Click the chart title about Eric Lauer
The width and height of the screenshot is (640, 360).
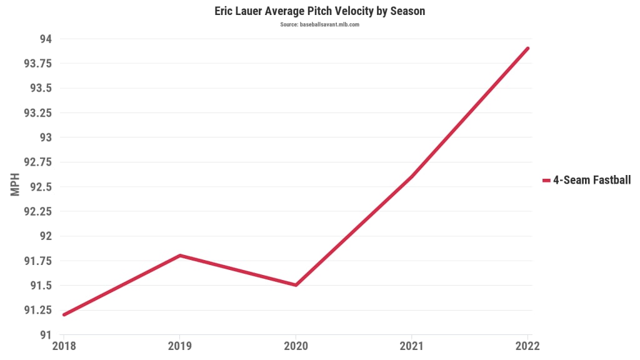coord(319,11)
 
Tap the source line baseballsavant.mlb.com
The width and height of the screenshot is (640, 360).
coord(319,24)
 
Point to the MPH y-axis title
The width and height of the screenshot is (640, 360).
coord(16,186)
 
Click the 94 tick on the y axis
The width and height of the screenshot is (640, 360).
coord(46,39)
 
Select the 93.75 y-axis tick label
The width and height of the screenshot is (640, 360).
coord(37,64)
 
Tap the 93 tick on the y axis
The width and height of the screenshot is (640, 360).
coord(46,137)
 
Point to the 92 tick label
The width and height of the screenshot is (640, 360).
coord(46,236)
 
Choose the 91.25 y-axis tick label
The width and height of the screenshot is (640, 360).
coord(37,310)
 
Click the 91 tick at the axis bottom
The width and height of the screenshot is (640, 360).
coord(46,334)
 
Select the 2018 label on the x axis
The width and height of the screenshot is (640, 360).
coord(64,346)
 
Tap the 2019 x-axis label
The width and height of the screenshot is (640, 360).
coord(180,346)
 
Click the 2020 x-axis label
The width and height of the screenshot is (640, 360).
coord(296,346)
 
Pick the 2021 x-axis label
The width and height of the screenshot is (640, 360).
coord(412,346)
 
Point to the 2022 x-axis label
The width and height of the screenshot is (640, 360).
coord(527,346)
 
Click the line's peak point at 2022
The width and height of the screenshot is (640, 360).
coord(527,49)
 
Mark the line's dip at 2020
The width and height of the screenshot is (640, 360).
coord(296,285)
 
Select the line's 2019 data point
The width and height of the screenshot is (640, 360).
coord(180,256)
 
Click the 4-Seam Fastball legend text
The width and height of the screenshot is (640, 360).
coord(592,180)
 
